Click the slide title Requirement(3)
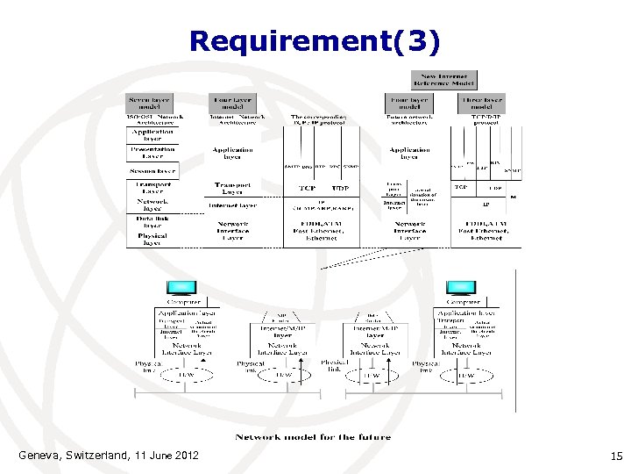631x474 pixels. click(315, 41)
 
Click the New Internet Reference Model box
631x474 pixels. click(450, 80)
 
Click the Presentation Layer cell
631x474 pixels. click(152, 153)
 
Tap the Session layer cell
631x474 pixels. click(152, 171)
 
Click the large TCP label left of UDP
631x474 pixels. click(306, 189)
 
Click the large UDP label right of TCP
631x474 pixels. click(341, 189)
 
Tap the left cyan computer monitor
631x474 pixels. click(181, 288)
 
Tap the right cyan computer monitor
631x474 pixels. click(461, 288)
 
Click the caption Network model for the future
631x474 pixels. click(312, 436)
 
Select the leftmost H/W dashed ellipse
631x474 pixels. click(186, 375)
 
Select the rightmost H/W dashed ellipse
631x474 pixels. click(465, 375)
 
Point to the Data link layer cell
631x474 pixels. click(152, 220)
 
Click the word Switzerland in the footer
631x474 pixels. click(96, 455)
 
